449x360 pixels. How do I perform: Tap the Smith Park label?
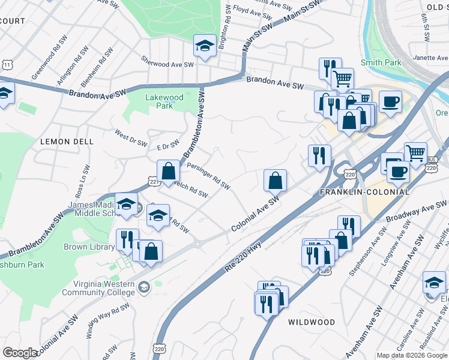(x=381, y=62)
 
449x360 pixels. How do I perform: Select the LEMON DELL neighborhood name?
(x=67, y=142)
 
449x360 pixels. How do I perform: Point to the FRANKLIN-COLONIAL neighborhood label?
(x=365, y=192)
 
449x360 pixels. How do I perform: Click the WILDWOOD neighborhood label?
(x=312, y=322)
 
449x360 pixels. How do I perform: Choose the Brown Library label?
(x=89, y=247)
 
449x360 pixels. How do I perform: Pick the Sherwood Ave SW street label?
(x=167, y=61)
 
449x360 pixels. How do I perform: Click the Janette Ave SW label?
(x=431, y=58)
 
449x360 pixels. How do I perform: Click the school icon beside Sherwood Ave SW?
(x=204, y=46)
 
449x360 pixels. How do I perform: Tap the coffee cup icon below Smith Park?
(x=390, y=102)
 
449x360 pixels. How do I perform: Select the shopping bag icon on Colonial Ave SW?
(x=275, y=179)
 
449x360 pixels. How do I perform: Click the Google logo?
(x=19, y=353)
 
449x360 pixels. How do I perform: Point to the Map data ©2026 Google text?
(x=412, y=355)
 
